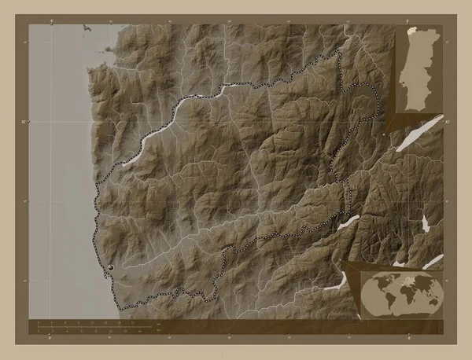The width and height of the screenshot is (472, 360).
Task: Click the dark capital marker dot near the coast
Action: (110, 268)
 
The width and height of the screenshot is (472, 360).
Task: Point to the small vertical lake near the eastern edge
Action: (426, 224)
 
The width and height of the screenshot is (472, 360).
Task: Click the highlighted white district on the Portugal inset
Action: (411, 32)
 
